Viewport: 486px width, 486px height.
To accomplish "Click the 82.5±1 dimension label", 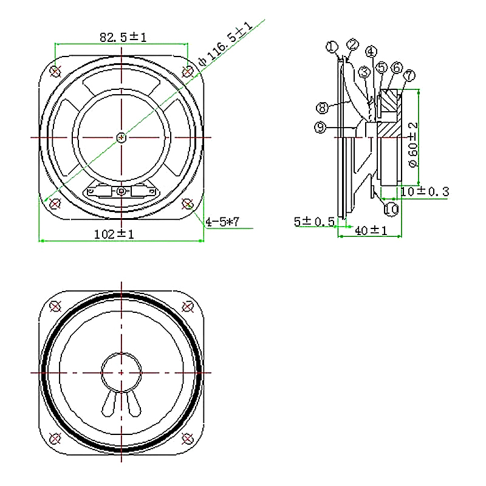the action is (123, 38).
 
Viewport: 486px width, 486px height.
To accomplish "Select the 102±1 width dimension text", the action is (114, 234).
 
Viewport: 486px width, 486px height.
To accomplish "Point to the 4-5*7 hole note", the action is (222, 222).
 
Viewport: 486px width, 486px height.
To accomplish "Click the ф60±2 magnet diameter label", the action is (413, 145).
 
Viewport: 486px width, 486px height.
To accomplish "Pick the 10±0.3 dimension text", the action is (425, 191).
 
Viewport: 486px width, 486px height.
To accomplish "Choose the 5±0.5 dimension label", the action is (314, 222).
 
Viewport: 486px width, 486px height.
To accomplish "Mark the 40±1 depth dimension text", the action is (371, 231).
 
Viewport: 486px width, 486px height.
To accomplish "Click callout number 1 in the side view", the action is (332, 47).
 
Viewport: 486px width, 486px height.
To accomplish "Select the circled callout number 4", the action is (371, 52).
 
